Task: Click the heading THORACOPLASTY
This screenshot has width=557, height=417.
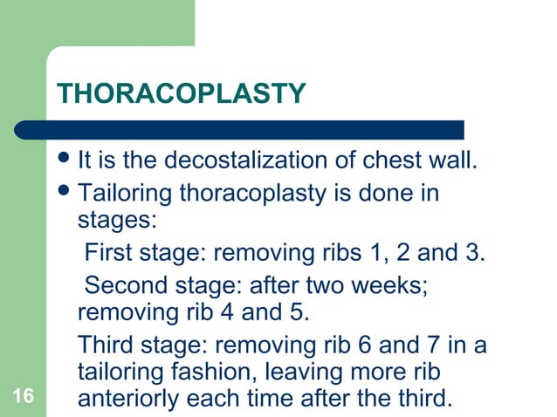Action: click(181, 92)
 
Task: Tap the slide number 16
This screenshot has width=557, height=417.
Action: click(24, 398)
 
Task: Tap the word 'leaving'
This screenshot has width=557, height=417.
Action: click(318, 372)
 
